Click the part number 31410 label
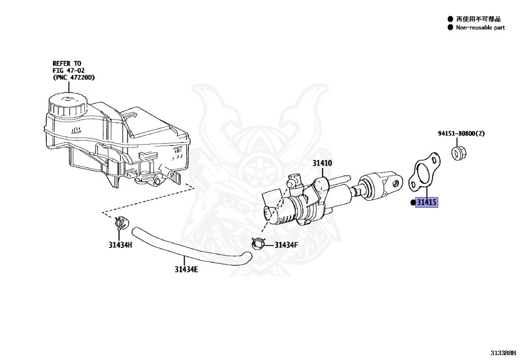coord(322,163)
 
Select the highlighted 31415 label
coord(426,203)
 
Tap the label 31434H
coord(120,244)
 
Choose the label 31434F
coord(286,245)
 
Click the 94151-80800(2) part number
coord(461,134)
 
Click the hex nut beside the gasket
coord(459,151)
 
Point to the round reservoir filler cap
coord(66,105)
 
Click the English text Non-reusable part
coord(480,27)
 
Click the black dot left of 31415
coord(413,203)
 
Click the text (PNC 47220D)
coord(74,78)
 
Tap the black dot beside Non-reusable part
coord(450,27)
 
